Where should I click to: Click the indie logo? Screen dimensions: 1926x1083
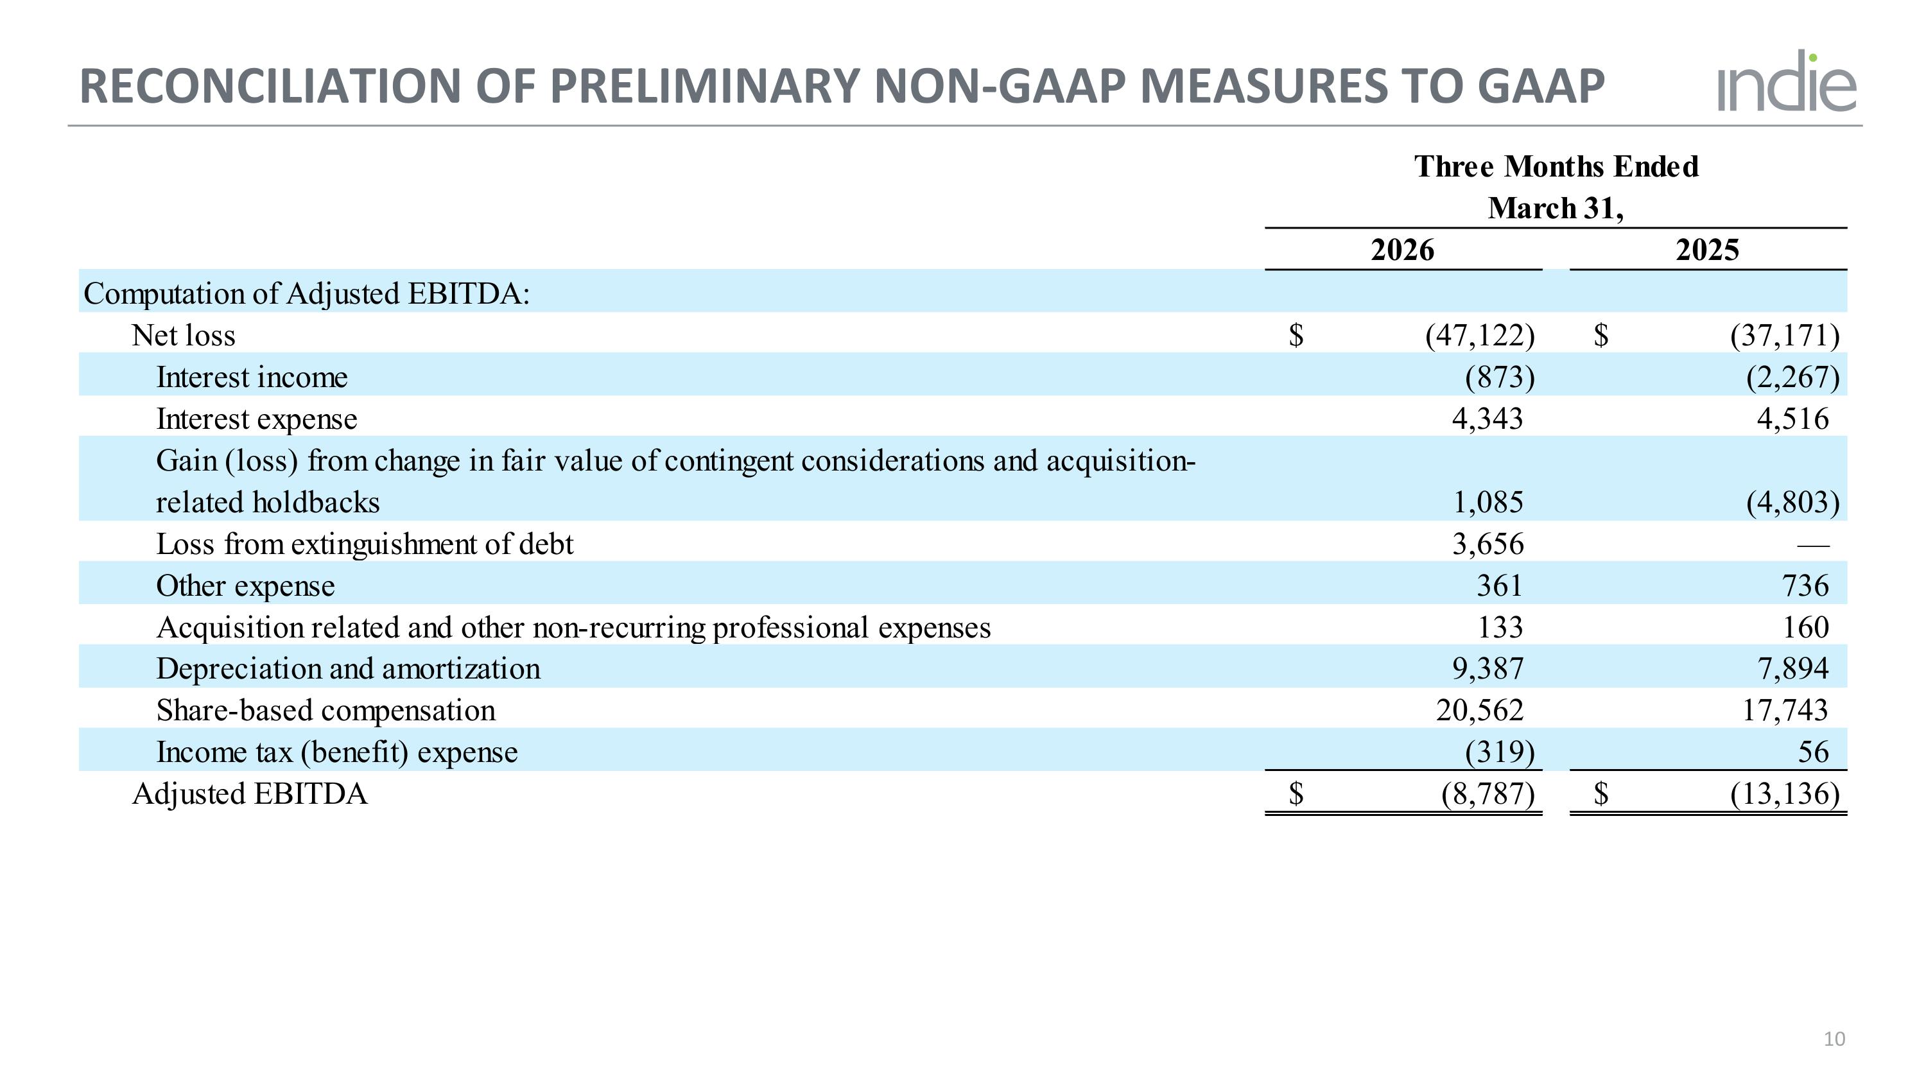coord(1786,82)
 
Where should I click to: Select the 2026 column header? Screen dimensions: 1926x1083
coord(1402,250)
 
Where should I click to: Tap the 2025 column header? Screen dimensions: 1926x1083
coord(1707,250)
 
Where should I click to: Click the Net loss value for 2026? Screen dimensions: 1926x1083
coord(1480,336)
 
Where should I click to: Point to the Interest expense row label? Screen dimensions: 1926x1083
coord(256,419)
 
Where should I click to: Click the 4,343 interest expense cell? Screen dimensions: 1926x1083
coord(1487,419)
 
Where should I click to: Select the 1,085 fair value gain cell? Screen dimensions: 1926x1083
coord(1488,502)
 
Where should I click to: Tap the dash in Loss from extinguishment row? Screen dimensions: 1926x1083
coord(1813,546)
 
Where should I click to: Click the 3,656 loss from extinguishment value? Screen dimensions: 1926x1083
coord(1488,544)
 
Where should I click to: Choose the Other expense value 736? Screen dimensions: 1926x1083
coord(1805,586)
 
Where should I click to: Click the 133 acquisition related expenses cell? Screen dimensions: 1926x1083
coord(1500,627)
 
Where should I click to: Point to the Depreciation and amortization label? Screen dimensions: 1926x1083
coord(348,669)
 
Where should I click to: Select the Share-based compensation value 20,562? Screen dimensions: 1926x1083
coord(1480,710)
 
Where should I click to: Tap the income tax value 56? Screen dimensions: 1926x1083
coord(1813,752)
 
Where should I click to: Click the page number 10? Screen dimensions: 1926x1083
coord(1834,1039)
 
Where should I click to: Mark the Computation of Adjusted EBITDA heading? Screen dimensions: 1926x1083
coord(306,294)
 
